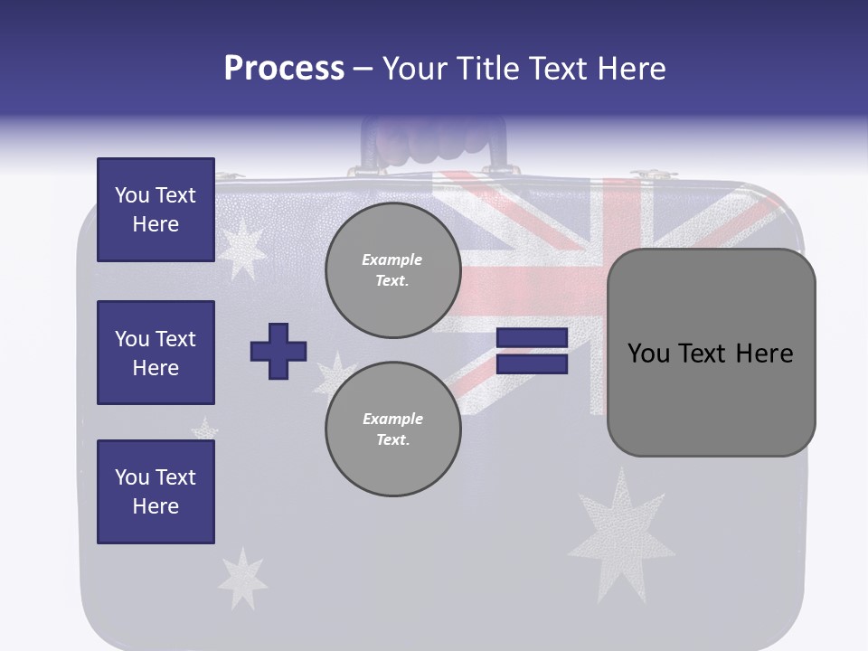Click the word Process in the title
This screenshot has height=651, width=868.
point(284,69)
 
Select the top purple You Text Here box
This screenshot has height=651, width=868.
point(156,210)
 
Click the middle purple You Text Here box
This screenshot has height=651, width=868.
point(156,353)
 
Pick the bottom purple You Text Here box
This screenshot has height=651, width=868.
point(156,492)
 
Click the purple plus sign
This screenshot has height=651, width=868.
point(278,351)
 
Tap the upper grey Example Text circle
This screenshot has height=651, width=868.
point(392,270)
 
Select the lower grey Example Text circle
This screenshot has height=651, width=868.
point(392,429)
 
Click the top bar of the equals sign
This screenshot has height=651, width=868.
point(532,338)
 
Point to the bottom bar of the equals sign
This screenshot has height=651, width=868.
point(532,364)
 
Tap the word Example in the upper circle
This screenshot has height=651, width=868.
point(392,260)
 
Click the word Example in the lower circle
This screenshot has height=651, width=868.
point(392,420)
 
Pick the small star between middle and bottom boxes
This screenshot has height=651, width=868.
point(206,429)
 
